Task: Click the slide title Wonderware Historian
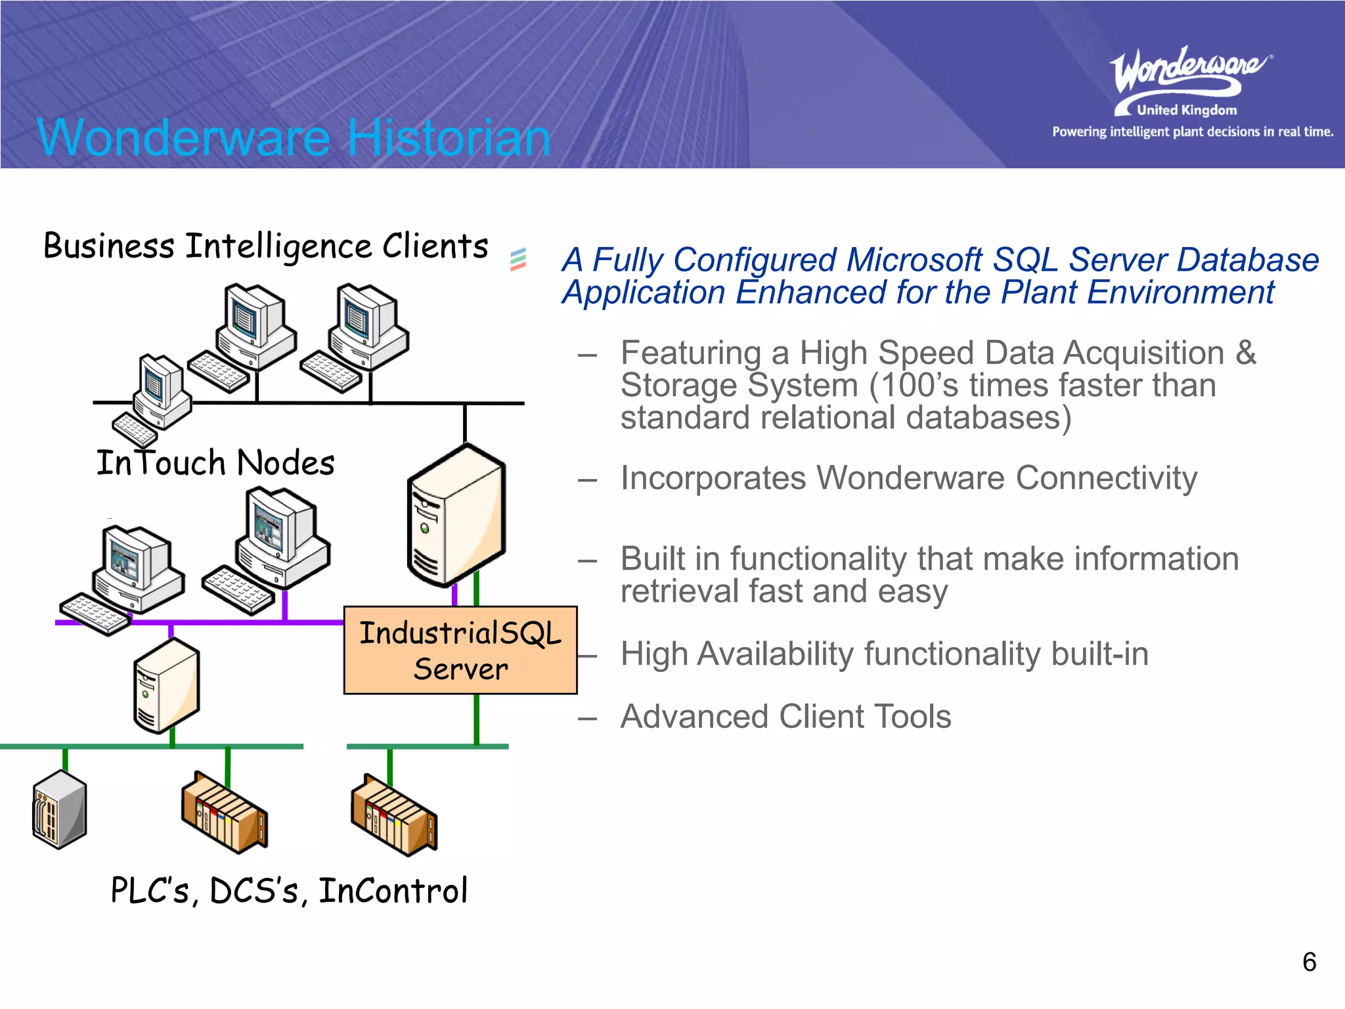[294, 137]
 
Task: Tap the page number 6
[1309, 962]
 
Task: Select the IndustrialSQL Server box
[460, 650]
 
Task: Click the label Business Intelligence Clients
[265, 246]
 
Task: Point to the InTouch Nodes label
[215, 462]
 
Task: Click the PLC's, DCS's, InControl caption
[289, 891]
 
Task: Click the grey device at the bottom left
[60, 809]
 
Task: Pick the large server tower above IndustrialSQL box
[456, 516]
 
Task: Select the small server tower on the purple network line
[166, 685]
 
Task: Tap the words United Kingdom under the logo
[1186, 110]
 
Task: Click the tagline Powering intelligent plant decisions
[1192, 132]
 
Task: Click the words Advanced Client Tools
[785, 717]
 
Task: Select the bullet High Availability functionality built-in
[884, 654]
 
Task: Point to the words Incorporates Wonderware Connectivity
[908, 478]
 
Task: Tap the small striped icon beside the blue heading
[518, 259]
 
